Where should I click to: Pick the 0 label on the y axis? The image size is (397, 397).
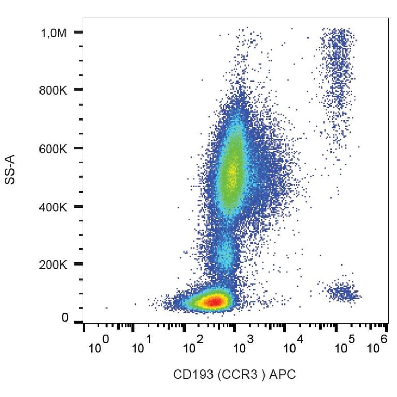[65, 317]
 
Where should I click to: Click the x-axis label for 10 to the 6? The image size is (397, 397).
[378, 345]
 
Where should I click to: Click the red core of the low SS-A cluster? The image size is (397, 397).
[211, 301]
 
